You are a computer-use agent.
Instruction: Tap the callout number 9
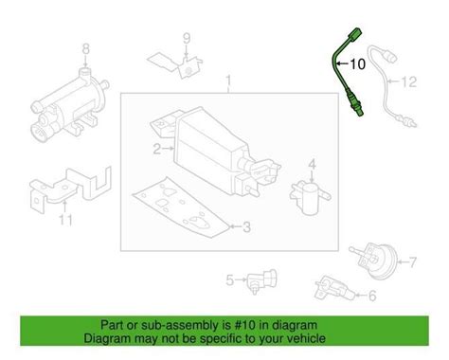[187, 38]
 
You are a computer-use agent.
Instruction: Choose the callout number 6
[371, 297]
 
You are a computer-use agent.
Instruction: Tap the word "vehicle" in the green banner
[304, 338]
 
